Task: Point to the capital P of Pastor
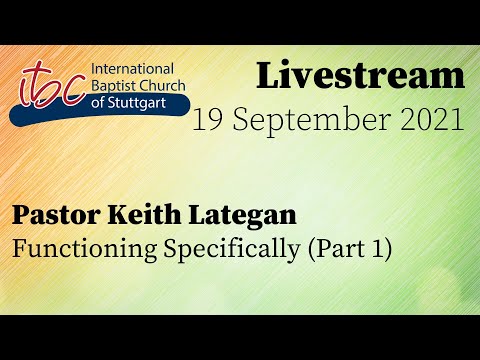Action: click(x=21, y=215)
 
